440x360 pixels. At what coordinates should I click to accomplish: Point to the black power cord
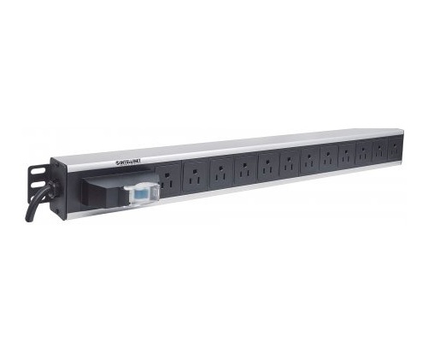tap(36, 204)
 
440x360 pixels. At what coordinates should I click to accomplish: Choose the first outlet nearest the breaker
tap(169, 180)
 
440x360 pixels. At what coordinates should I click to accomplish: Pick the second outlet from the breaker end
tap(197, 175)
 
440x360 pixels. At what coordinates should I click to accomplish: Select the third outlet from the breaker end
tap(221, 172)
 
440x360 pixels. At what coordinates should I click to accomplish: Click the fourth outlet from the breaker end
tap(245, 168)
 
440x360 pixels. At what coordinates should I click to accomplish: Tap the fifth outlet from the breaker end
tap(267, 165)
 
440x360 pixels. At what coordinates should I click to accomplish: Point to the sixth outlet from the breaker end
tap(289, 162)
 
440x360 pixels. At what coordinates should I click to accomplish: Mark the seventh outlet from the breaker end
tap(309, 160)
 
